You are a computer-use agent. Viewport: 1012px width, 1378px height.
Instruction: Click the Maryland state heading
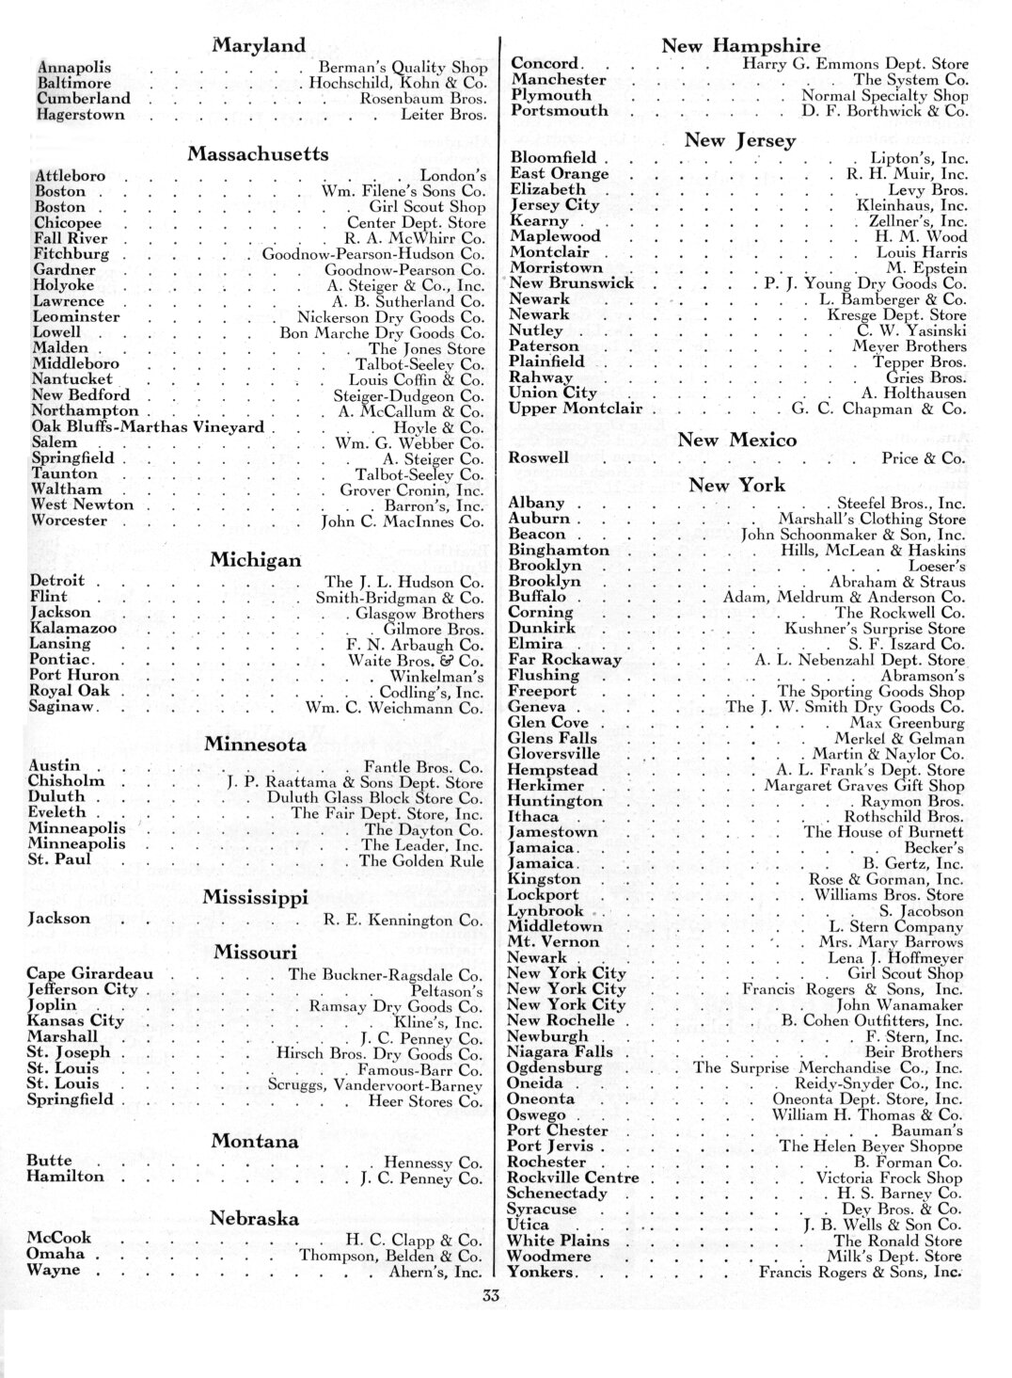(259, 45)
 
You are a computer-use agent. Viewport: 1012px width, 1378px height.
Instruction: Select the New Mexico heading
(737, 440)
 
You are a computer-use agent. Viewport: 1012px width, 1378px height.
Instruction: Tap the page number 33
(489, 1296)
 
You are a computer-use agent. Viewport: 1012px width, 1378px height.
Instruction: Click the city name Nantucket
(71, 379)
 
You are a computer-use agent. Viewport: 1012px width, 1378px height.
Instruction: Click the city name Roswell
(538, 457)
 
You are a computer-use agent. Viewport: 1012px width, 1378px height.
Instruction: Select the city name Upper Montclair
(576, 409)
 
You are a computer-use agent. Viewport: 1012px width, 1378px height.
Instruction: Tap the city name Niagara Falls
(560, 1052)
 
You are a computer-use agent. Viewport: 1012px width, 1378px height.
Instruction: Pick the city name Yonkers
(543, 1273)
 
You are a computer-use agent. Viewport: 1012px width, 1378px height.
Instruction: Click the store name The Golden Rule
(421, 861)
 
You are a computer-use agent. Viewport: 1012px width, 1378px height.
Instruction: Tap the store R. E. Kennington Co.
(403, 920)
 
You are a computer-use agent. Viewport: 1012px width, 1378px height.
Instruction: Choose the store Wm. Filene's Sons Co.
(403, 191)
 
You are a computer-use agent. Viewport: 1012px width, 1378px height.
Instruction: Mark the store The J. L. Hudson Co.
(404, 582)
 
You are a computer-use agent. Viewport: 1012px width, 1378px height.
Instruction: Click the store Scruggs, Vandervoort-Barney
(377, 1084)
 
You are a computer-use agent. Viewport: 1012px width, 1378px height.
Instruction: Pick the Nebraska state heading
(255, 1218)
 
